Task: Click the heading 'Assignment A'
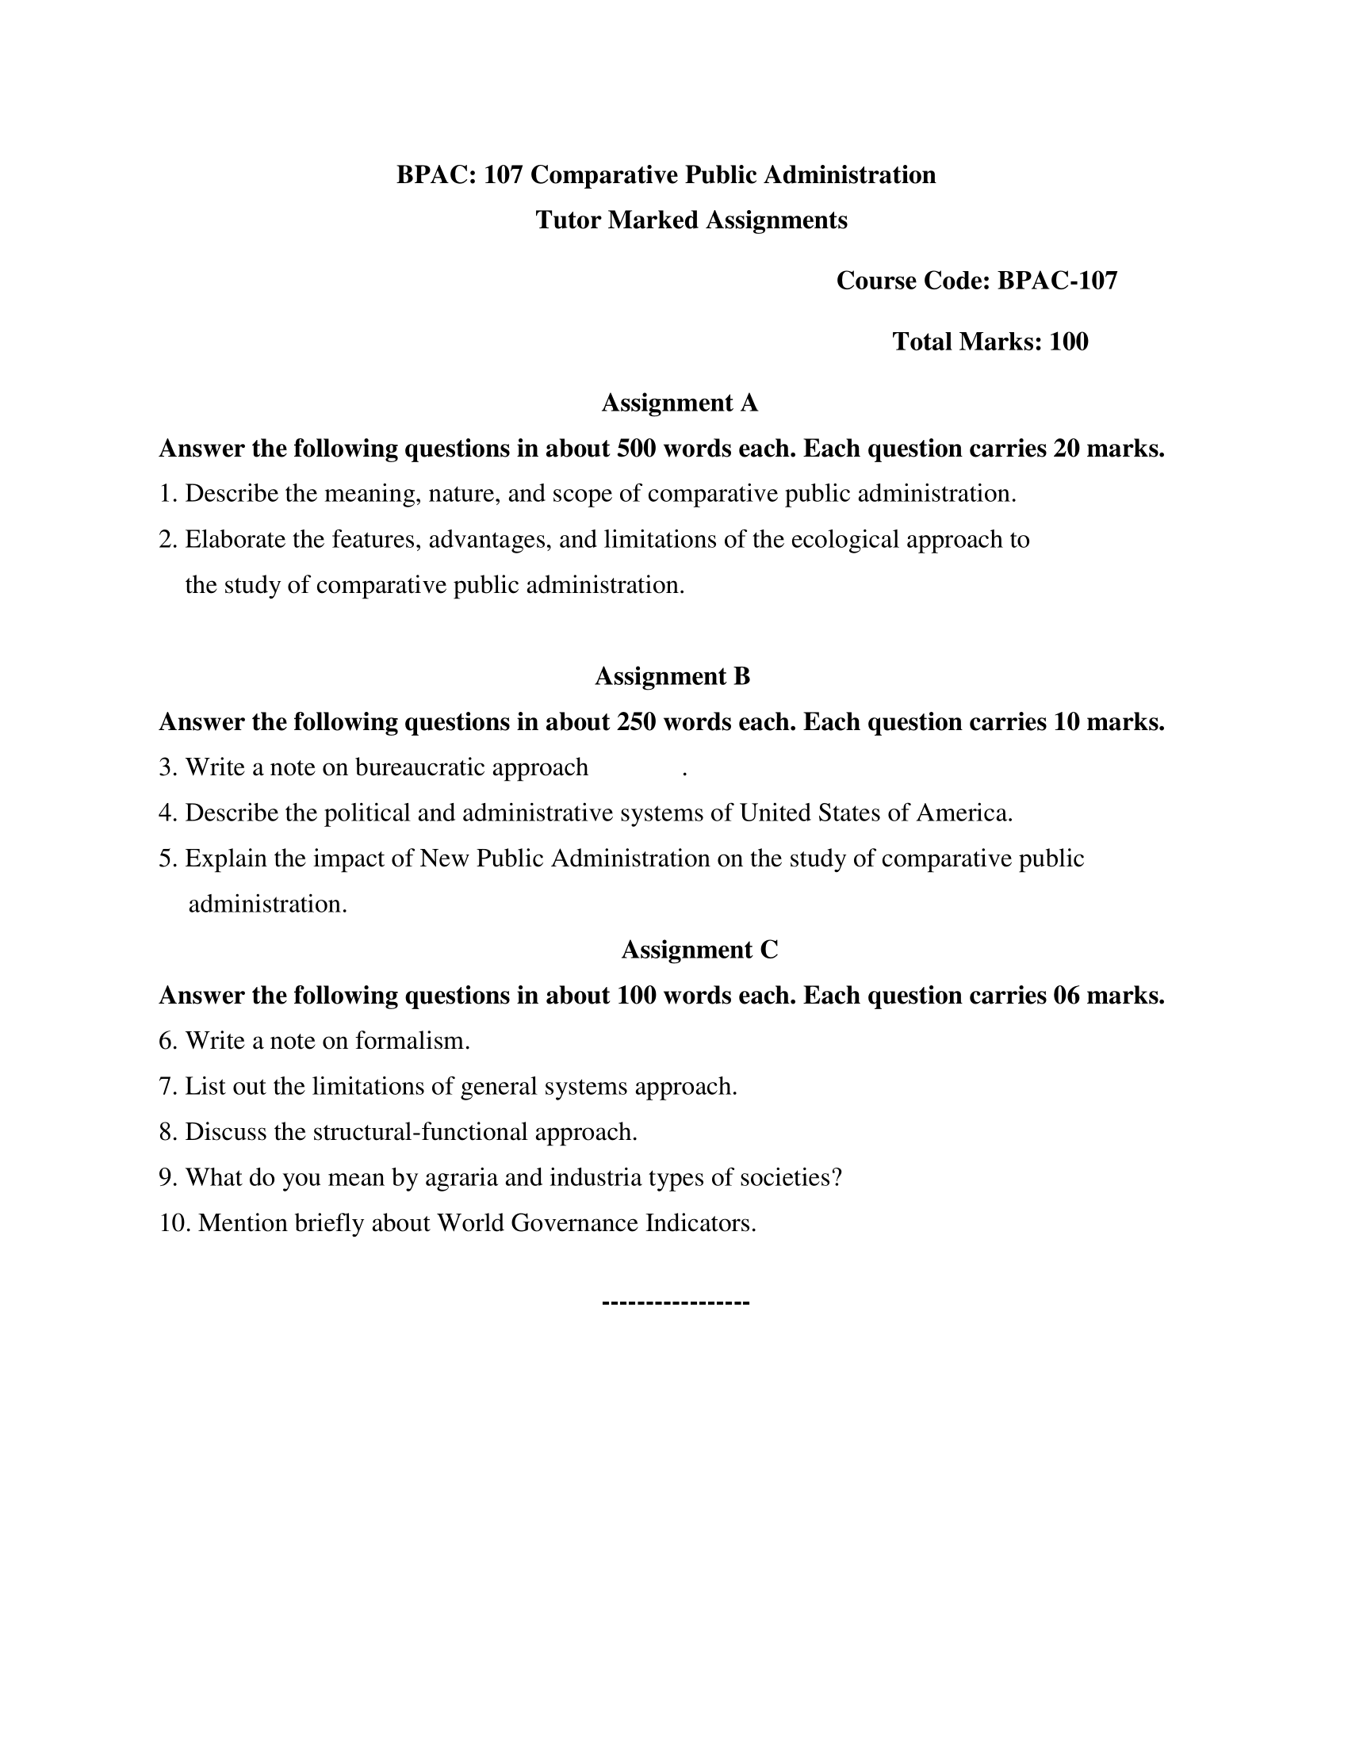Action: [x=679, y=403]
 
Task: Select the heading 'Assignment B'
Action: [x=672, y=676]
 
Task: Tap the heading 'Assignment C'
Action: [x=699, y=950]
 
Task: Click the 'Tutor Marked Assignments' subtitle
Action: [x=691, y=220]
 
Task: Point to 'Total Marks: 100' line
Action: [x=990, y=342]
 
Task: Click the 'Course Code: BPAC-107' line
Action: [x=977, y=281]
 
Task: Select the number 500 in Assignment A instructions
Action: [x=637, y=449]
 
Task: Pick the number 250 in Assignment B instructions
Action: [x=637, y=722]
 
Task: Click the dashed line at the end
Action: [x=675, y=1302]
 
